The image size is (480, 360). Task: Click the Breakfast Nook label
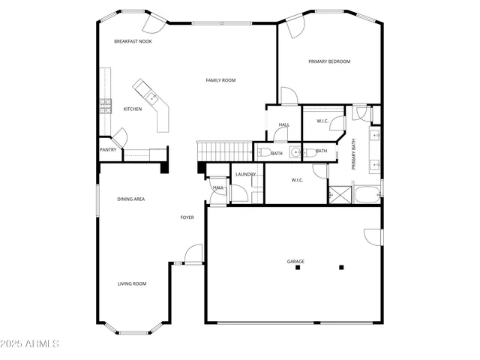point(133,41)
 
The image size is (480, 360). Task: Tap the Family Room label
point(221,80)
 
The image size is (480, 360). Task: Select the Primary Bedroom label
point(329,61)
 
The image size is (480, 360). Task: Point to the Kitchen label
point(133,109)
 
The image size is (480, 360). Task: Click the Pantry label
point(108,149)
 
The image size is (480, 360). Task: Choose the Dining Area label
point(130,199)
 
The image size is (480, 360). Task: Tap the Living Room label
point(131,283)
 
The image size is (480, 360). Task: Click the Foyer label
point(187,217)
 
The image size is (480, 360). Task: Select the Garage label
point(295,262)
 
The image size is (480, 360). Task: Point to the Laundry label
point(245,174)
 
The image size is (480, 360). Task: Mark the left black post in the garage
point(297,268)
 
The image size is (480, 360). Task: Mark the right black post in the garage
point(341,267)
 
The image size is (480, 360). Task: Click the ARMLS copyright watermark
point(30,344)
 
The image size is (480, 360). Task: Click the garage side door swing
point(371,235)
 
